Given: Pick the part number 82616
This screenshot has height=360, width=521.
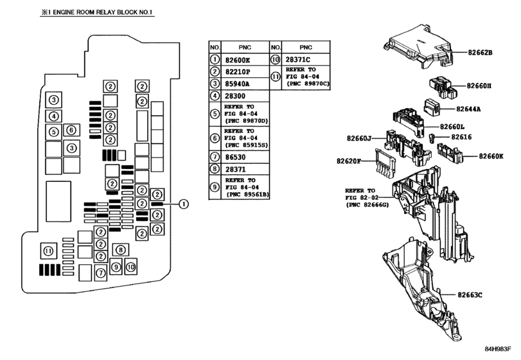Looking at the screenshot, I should pos(462,137).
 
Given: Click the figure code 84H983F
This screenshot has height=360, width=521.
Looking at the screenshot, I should pos(497,349).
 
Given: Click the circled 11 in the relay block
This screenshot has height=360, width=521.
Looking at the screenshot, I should pos(48,250).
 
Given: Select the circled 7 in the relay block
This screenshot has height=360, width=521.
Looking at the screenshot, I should pos(101,273).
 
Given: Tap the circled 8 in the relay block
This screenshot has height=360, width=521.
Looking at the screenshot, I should pos(119,249).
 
